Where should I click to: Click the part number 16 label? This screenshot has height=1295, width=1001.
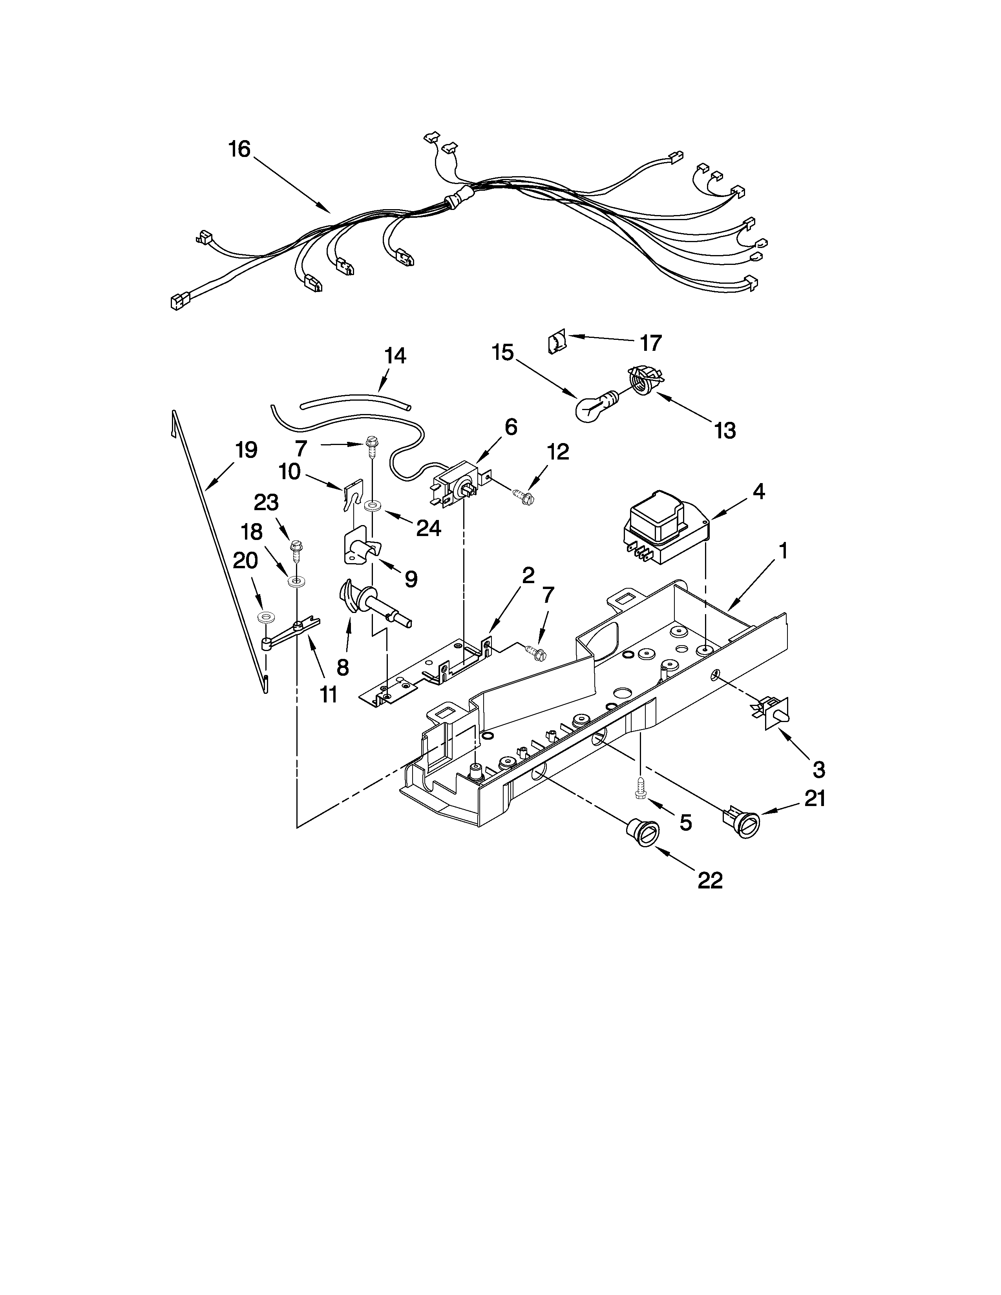coord(239,150)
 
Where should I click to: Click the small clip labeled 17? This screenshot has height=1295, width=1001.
coord(556,343)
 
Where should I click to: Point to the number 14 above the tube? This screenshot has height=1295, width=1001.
coord(395,356)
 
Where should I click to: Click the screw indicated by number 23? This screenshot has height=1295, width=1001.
coord(295,546)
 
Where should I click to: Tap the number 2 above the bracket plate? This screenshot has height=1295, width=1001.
coord(528,575)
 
